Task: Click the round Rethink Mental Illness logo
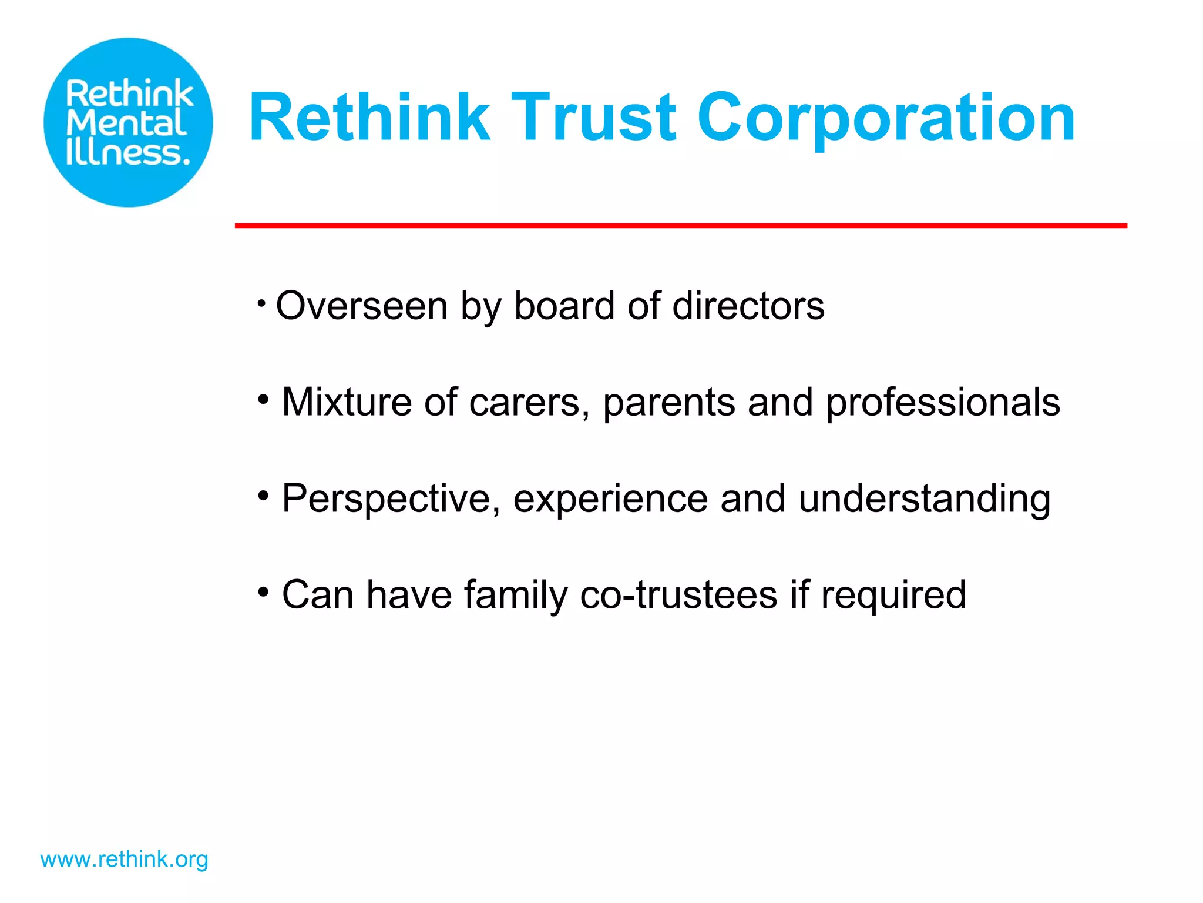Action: tap(128, 122)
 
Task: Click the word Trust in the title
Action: tap(593, 118)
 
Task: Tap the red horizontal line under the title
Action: tap(680, 226)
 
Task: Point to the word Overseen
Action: tap(362, 306)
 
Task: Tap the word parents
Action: tap(668, 403)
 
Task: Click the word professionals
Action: tap(942, 403)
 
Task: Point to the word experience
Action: tap(610, 499)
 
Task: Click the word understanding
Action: tap(924, 499)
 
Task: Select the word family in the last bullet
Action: tap(515, 595)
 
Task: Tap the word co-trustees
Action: tap(678, 595)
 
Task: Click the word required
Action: tap(893, 595)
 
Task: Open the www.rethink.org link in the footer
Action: tap(124, 859)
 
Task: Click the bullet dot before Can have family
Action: tap(263, 591)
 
